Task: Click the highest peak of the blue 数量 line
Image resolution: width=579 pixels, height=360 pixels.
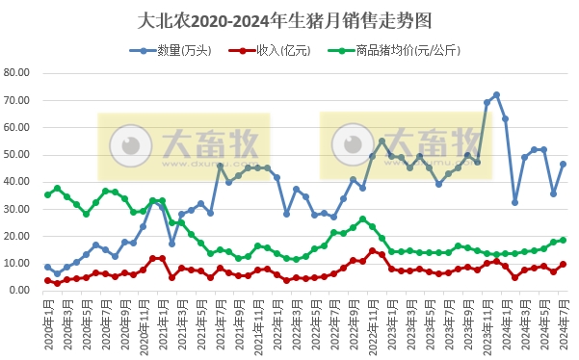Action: [496, 94]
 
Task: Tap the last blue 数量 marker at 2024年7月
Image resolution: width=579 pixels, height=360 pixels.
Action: [563, 164]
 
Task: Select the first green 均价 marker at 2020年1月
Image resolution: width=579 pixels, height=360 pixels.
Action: [47, 194]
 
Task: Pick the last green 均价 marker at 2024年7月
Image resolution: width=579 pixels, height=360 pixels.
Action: [563, 240]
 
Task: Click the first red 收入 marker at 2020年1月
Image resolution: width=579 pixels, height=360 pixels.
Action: [47, 280]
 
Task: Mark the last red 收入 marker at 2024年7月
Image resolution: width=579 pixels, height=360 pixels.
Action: [563, 264]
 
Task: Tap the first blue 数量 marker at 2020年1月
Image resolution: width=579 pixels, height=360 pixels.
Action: [47, 267]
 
